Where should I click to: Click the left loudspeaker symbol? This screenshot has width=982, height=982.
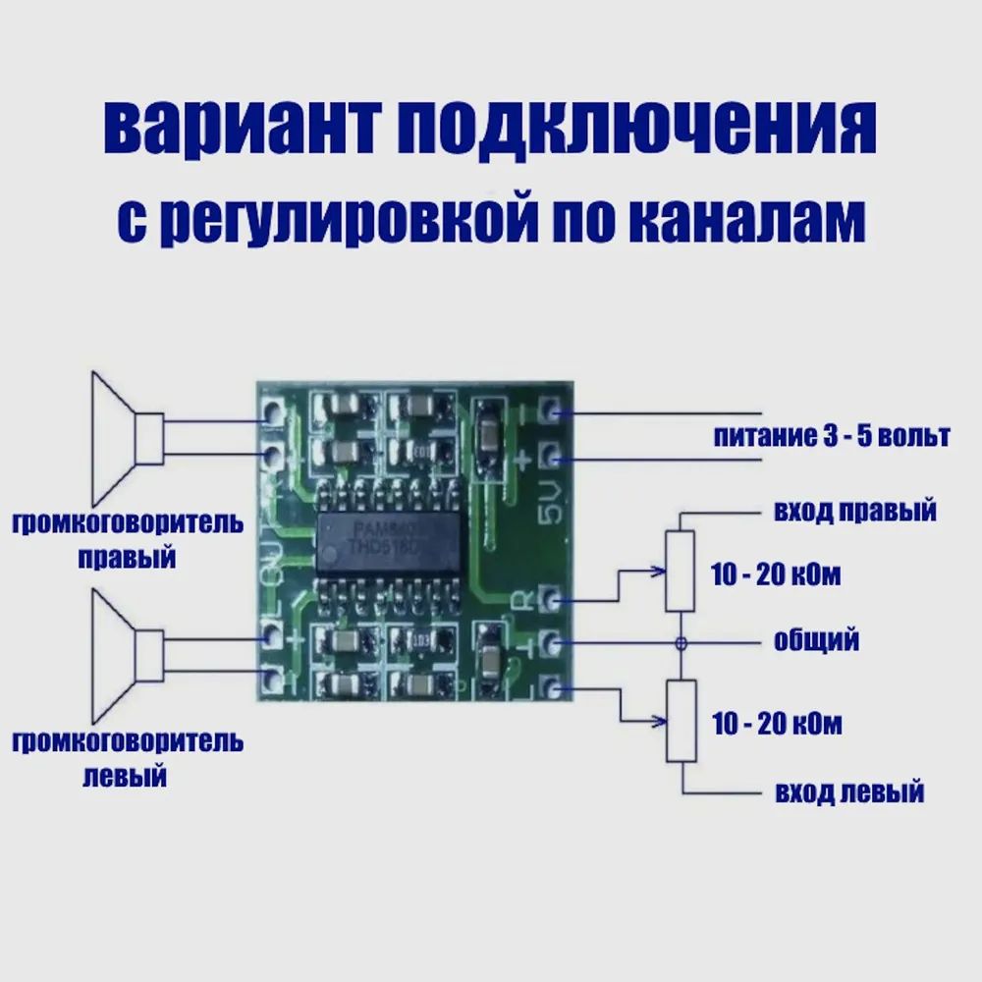coord(123,655)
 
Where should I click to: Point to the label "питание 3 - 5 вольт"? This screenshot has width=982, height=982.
coord(831,436)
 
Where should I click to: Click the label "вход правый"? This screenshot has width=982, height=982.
coord(854,512)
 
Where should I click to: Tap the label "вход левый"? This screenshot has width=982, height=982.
coord(848,791)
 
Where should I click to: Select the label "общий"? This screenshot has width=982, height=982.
coord(816,641)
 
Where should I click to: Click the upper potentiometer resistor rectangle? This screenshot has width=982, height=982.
coord(680,570)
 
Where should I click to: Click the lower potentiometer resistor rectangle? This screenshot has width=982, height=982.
coord(680,720)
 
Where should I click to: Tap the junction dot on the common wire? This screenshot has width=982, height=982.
coord(680,642)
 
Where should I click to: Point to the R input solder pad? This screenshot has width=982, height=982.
coord(551,599)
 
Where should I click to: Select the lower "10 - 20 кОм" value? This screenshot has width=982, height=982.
coord(776,726)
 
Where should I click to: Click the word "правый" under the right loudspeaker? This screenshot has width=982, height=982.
coord(127,558)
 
